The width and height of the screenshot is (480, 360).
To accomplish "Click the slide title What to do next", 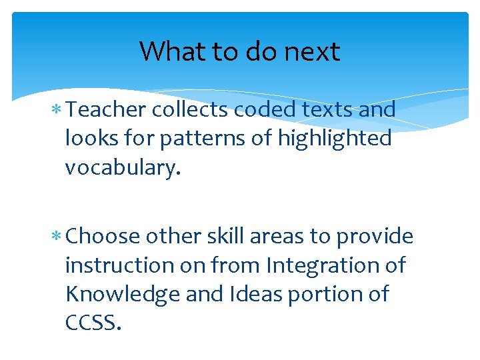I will (239, 51).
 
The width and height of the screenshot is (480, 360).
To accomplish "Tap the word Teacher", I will (107, 109).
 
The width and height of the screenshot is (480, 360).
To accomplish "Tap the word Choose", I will (103, 237).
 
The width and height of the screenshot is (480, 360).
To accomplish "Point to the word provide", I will (375, 237).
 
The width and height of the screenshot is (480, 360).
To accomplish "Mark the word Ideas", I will (249, 294).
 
